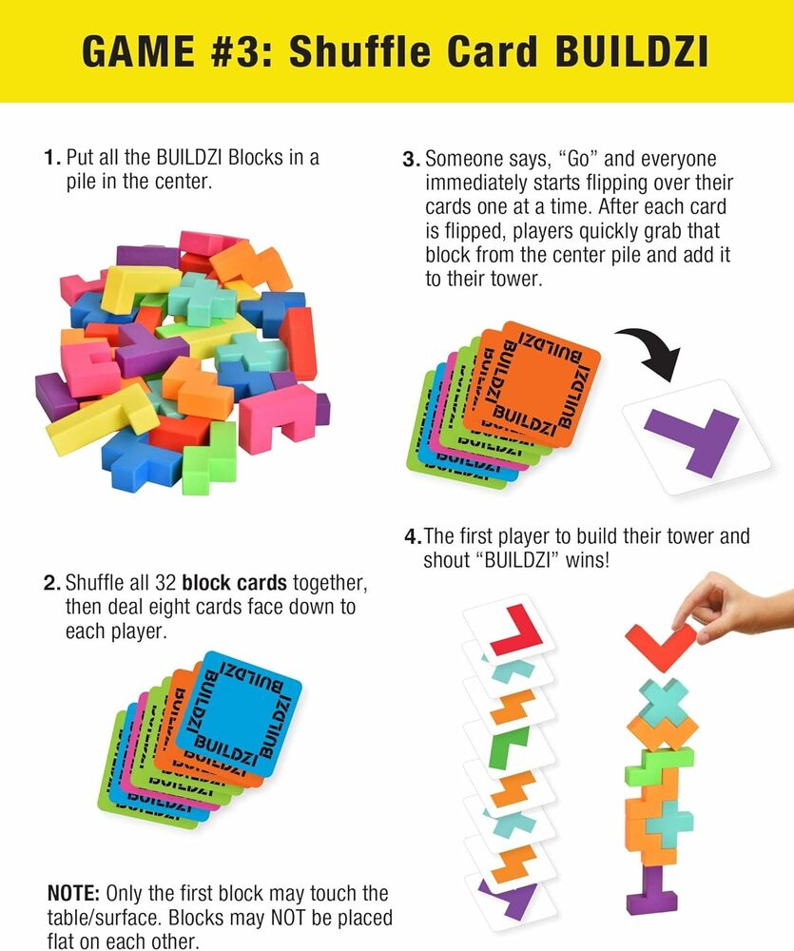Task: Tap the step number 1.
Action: pyautogui.click(x=50, y=158)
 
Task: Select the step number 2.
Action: pyautogui.click(x=50, y=582)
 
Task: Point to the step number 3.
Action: pyautogui.click(x=410, y=159)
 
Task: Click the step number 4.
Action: pyautogui.click(x=412, y=536)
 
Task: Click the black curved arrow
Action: pyautogui.click(x=654, y=351)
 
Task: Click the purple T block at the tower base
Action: pyautogui.click(x=653, y=888)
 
